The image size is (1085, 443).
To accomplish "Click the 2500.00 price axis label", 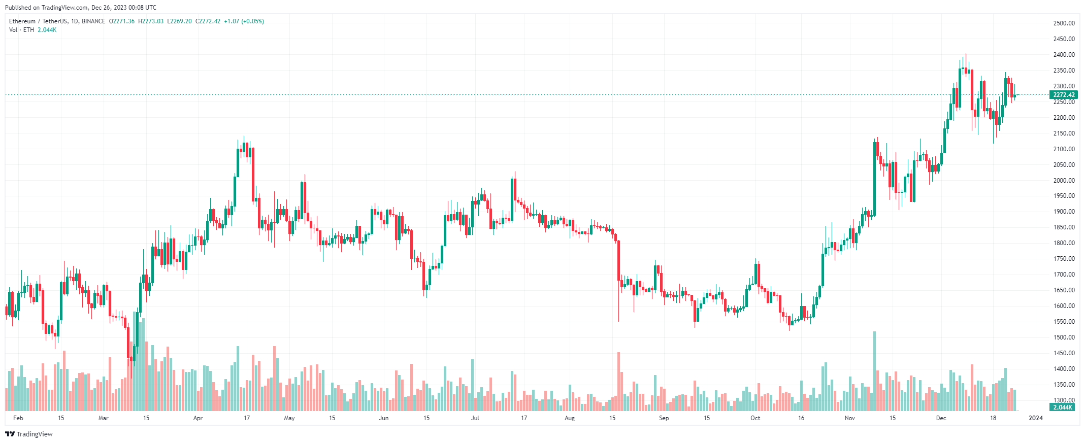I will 1064,23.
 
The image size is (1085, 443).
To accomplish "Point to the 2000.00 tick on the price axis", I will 1064,181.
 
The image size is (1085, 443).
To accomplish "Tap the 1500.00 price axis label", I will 1064,337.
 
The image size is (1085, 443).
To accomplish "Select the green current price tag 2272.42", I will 1064,95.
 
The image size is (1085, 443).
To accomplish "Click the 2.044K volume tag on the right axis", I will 1063,407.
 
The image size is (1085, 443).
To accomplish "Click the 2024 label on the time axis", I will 1035,418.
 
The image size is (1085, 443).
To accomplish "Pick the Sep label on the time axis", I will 664,418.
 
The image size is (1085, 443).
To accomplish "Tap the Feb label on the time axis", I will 18,418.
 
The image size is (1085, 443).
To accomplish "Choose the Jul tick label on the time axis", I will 475,418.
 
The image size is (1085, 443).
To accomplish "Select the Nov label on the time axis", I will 849,418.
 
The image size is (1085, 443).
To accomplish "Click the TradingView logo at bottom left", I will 29,434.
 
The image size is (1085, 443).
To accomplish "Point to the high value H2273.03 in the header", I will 151,21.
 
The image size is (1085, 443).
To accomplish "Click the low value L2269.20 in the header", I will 179,21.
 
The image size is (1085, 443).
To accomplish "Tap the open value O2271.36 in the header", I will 122,21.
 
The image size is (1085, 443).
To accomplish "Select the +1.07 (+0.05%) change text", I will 244,21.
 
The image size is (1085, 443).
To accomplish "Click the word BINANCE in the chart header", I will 93,21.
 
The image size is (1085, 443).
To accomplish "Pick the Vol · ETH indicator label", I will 21,30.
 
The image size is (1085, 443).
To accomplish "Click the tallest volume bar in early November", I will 874,370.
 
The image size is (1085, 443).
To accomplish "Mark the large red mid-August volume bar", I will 618,381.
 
